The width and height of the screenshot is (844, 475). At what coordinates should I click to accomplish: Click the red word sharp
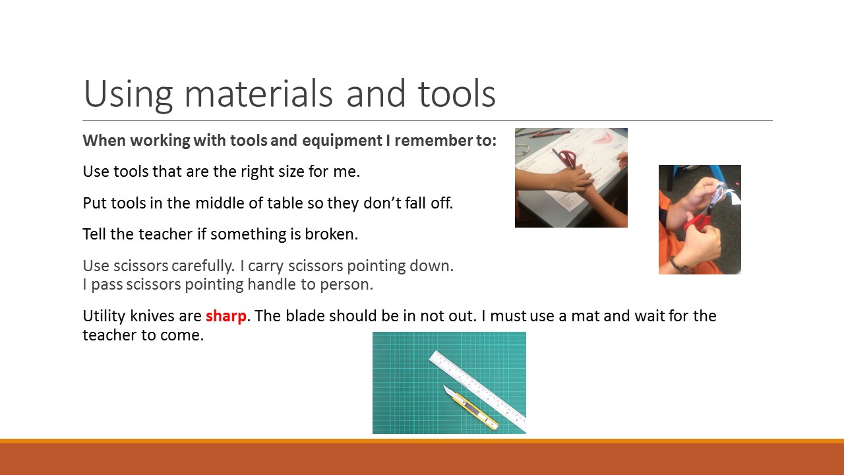(x=226, y=317)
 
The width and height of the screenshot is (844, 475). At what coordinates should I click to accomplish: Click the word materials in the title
(x=258, y=94)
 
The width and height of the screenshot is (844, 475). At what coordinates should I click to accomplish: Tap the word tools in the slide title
(x=457, y=94)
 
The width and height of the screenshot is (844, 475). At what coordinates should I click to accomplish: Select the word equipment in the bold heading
(x=342, y=141)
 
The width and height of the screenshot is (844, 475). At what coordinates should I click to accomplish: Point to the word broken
(x=331, y=234)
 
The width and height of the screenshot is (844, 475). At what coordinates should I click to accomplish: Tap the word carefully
(x=202, y=267)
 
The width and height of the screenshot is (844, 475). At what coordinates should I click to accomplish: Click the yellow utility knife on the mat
(x=471, y=408)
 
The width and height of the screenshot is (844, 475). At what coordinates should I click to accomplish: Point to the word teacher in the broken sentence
(x=166, y=234)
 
